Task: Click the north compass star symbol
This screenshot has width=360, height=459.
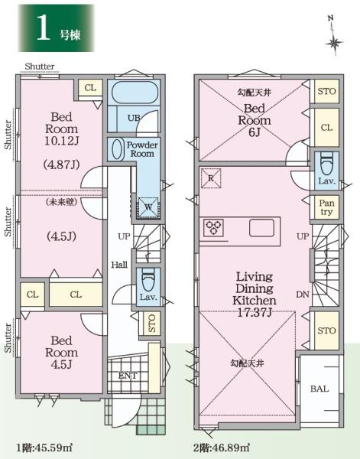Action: (x=334, y=44)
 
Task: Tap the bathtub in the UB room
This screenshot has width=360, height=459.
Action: (x=135, y=93)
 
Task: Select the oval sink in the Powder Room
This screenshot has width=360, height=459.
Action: (x=116, y=149)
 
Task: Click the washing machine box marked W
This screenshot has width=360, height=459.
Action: (x=148, y=207)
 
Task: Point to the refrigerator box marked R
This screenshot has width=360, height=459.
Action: (x=211, y=178)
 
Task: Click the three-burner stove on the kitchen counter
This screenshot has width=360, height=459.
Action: (x=213, y=228)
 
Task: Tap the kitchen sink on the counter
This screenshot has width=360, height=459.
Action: (x=261, y=228)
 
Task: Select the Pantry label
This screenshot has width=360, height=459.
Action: (x=326, y=207)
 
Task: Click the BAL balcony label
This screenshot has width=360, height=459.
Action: (x=319, y=389)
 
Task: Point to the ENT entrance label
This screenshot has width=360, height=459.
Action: (x=128, y=376)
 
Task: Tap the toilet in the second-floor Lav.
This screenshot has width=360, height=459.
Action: (x=326, y=164)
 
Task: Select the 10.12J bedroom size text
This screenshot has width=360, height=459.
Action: (x=62, y=141)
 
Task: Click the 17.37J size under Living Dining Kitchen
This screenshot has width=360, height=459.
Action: (x=255, y=313)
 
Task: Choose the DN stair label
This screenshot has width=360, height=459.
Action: (x=303, y=295)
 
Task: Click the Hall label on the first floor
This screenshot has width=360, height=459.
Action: (x=119, y=265)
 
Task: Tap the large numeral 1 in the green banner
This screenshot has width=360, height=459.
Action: (x=44, y=28)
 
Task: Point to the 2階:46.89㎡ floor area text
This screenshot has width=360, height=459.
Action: (x=222, y=448)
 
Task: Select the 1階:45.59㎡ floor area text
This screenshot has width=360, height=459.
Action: (x=44, y=448)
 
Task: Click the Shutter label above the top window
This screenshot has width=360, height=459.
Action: (x=40, y=67)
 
